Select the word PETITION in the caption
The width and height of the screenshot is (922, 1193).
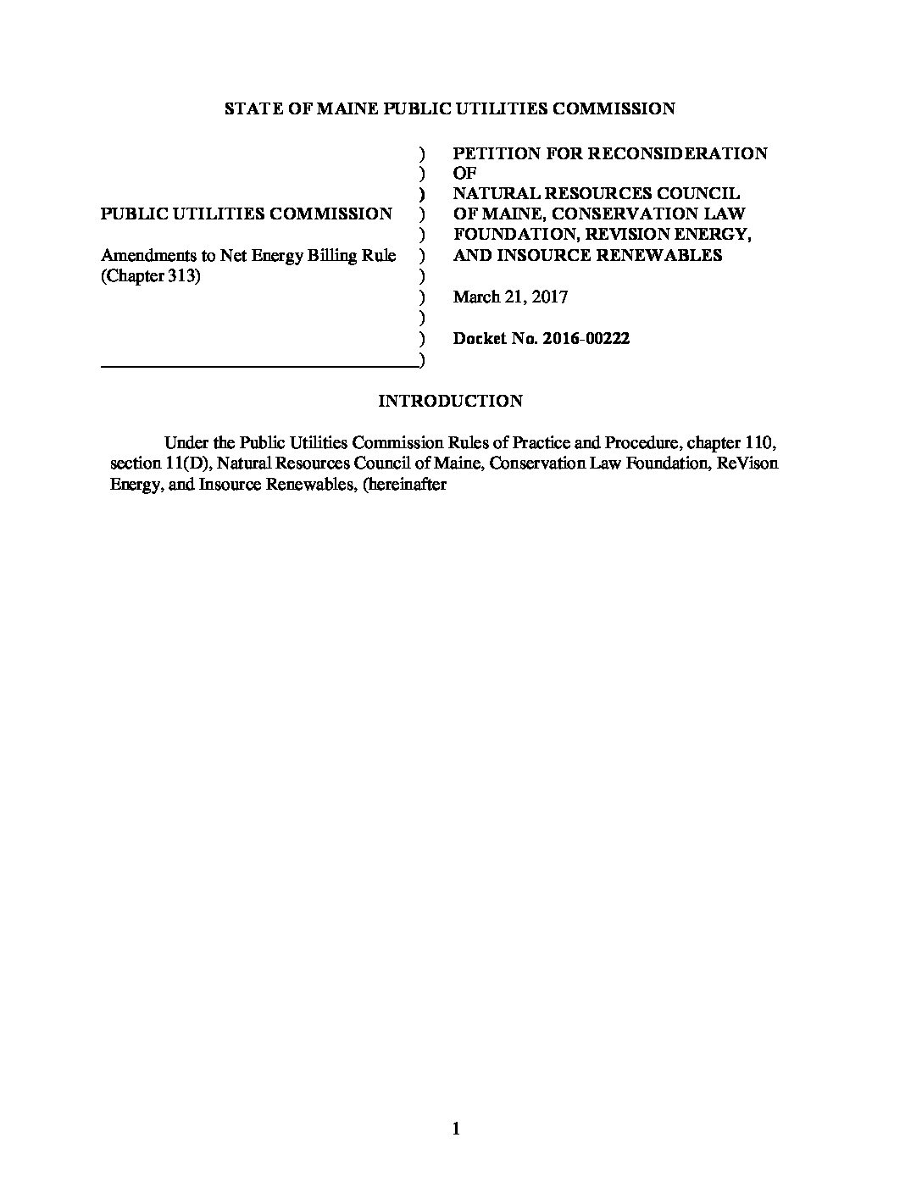(x=489, y=153)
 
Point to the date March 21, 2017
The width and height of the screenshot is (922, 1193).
(x=510, y=297)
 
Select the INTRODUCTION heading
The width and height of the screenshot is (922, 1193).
(x=450, y=401)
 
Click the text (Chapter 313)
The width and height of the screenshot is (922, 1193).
(x=151, y=276)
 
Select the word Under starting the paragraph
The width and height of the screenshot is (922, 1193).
(x=186, y=442)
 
